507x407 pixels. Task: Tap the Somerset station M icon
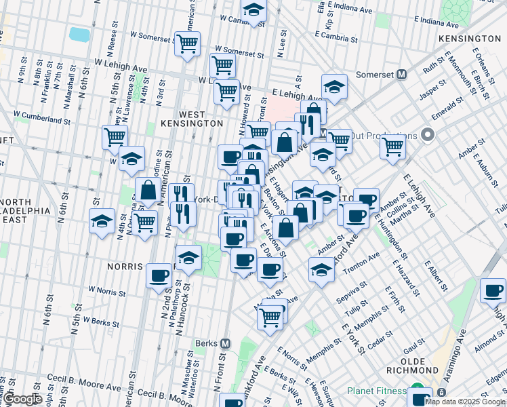click(x=401, y=73)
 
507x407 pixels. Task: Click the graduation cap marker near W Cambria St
click(x=254, y=10)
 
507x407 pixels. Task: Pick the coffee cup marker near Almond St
click(x=493, y=290)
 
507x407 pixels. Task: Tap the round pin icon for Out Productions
click(x=427, y=134)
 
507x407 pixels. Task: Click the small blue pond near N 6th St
click(x=79, y=34)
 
